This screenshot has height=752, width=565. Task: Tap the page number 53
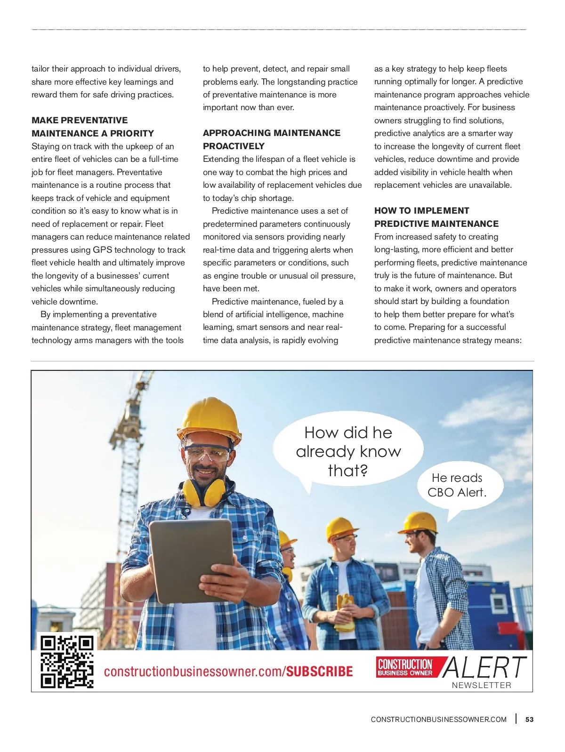click(530, 719)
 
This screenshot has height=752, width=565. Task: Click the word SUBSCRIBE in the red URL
click(320, 672)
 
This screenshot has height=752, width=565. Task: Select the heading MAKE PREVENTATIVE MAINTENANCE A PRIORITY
click(93, 127)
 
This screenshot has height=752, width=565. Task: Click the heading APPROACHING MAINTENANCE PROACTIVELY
click(272, 139)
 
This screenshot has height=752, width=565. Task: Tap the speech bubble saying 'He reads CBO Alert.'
click(457, 485)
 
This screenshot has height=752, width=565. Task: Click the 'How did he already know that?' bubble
click(348, 451)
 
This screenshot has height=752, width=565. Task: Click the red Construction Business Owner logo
click(405, 667)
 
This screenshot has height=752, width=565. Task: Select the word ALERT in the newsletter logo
click(484, 667)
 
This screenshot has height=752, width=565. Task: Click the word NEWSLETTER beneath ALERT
click(481, 685)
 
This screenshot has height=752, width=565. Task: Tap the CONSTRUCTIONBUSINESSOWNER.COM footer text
click(438, 719)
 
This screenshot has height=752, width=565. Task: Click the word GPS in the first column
click(102, 250)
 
